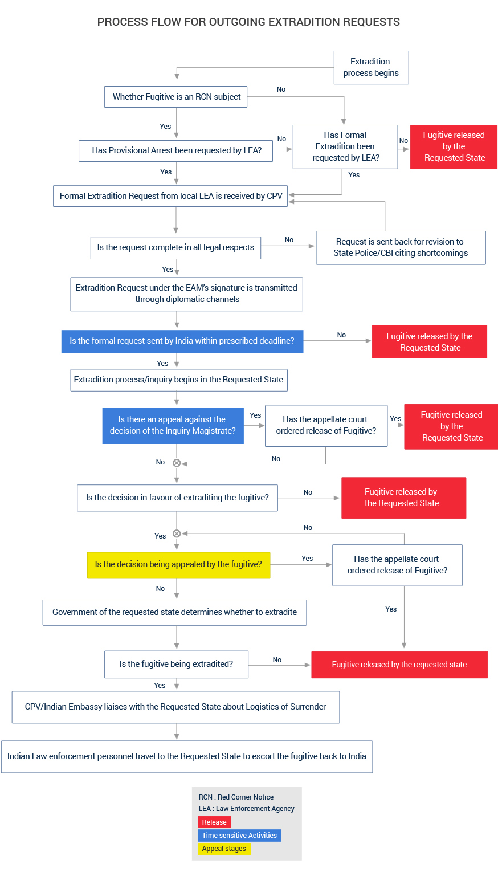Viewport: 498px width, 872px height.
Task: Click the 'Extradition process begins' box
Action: [371, 67]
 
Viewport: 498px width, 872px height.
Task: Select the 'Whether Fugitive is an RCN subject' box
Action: [176, 97]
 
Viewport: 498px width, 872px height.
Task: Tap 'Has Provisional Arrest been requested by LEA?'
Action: [176, 150]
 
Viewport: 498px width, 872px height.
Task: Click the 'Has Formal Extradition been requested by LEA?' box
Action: [345, 146]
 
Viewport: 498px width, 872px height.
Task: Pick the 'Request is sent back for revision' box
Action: [401, 247]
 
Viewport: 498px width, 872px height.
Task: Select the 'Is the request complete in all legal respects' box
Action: [175, 247]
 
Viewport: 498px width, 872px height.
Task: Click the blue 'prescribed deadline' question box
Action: [182, 341]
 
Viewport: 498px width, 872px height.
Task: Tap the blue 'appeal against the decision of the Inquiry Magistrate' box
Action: [173, 425]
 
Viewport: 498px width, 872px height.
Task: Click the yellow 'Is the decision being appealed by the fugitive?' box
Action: [178, 564]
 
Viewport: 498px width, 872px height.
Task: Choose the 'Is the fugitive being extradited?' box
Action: [176, 664]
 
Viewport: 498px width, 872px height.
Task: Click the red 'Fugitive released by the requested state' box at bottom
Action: [399, 665]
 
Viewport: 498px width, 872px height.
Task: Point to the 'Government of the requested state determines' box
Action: [174, 612]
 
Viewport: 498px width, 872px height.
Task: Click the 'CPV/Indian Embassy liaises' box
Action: [175, 707]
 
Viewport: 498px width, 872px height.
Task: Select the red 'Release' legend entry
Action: [214, 822]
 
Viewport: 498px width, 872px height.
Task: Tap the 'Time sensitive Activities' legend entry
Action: [239, 835]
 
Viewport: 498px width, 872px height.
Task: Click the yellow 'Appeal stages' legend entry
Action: [224, 848]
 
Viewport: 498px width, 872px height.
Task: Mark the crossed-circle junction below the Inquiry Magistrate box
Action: [177, 463]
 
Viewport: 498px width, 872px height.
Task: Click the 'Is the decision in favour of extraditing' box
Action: [177, 498]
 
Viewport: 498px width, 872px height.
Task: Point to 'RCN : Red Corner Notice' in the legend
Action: [236, 797]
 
